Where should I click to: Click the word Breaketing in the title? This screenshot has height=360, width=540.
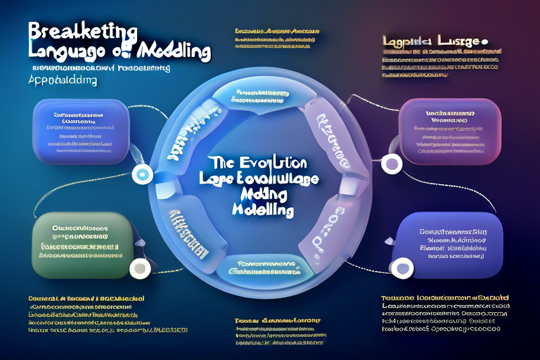pos(83,30)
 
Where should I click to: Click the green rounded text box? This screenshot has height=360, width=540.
pos(83,243)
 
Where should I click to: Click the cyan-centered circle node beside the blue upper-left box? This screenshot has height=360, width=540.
pos(143,174)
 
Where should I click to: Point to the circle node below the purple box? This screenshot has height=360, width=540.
pos(392,164)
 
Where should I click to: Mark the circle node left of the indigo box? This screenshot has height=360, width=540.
pos(403,267)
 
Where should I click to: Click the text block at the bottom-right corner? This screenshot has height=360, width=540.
pos(441,313)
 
